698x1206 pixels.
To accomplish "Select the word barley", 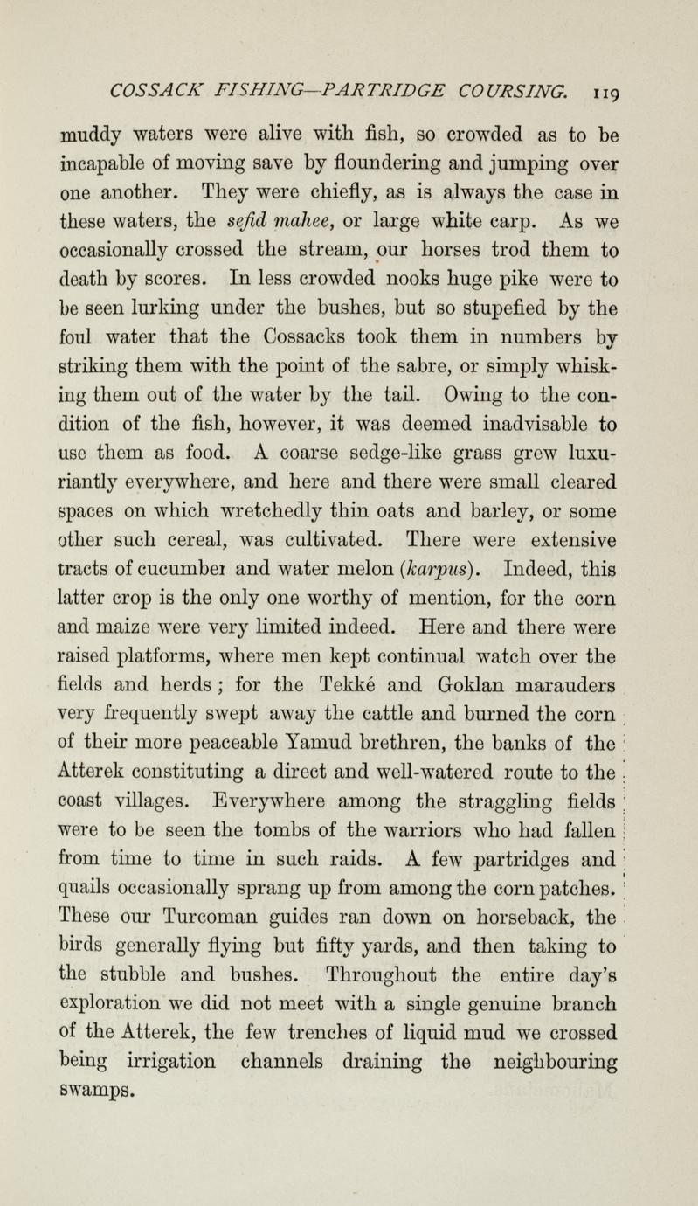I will coord(468,529).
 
